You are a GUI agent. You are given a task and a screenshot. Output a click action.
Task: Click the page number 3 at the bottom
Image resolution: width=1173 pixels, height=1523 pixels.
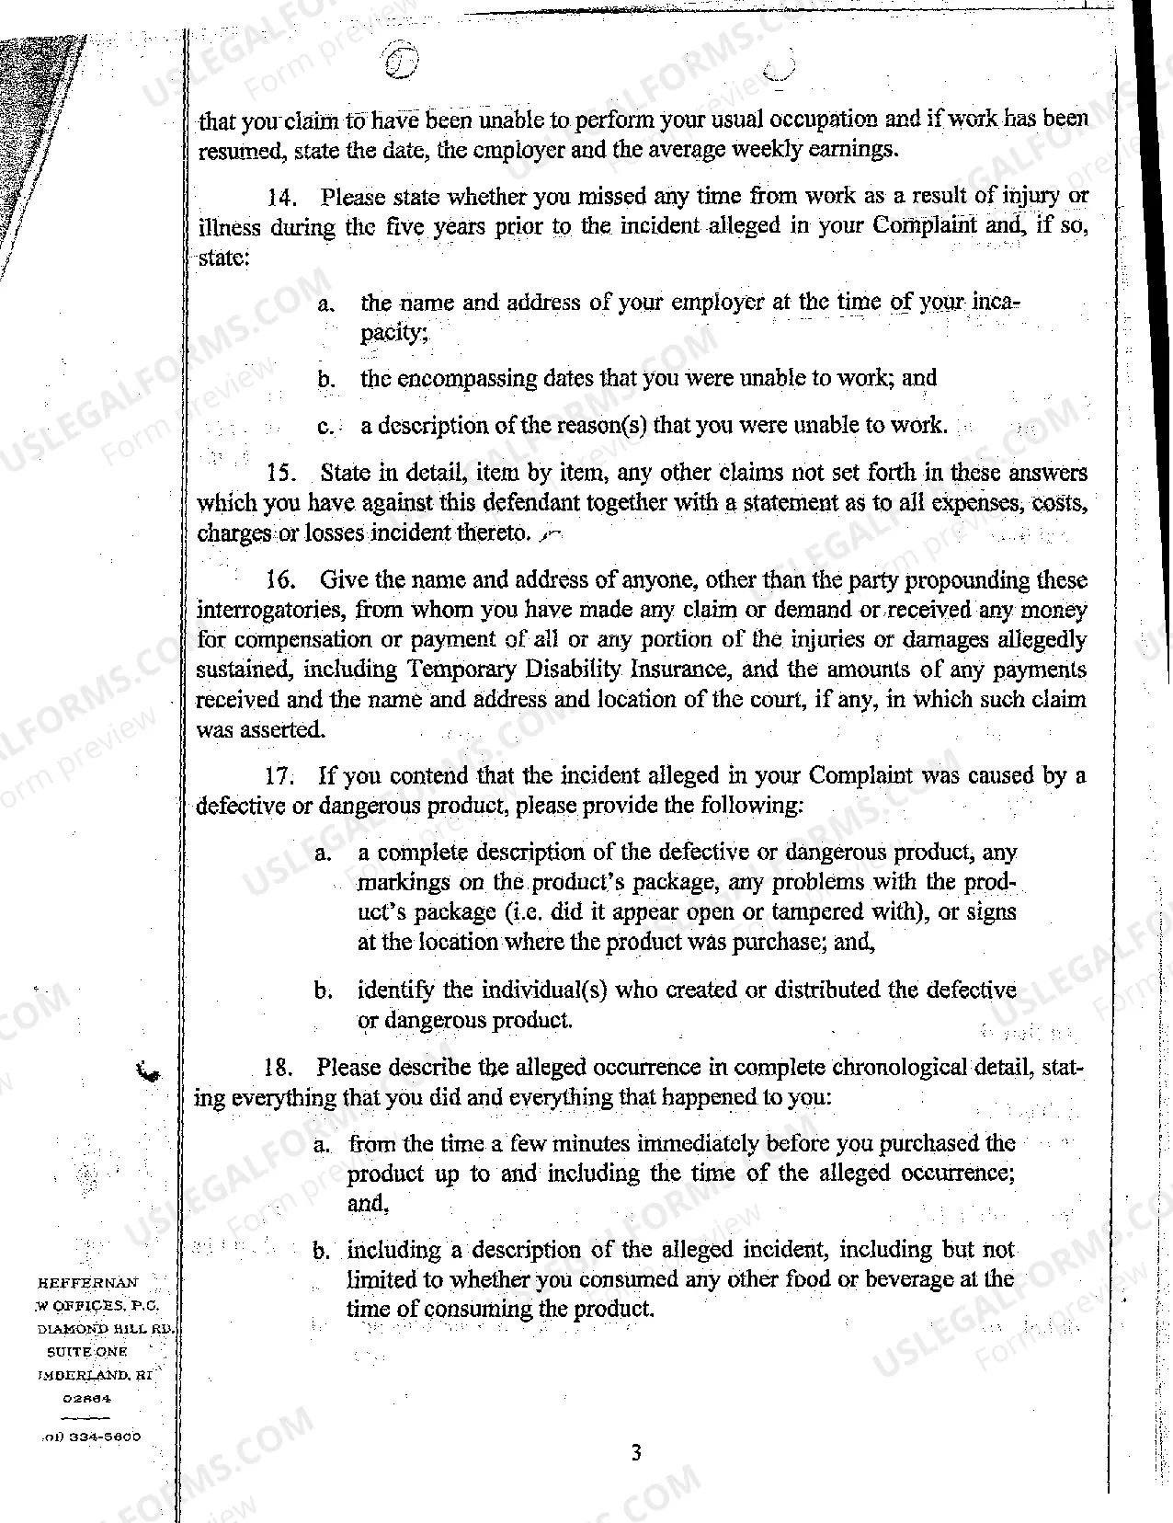636,1453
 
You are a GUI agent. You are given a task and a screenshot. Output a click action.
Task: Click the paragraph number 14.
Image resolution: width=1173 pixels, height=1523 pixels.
279,197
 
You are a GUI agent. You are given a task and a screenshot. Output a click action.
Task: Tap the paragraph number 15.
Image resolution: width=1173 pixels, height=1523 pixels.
279,474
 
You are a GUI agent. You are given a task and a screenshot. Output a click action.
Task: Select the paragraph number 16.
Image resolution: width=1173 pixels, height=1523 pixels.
279,580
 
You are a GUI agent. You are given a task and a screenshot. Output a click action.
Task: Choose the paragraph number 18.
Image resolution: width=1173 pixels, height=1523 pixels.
278,1068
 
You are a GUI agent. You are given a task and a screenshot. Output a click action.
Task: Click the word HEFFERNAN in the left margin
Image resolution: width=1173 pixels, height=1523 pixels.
87,1282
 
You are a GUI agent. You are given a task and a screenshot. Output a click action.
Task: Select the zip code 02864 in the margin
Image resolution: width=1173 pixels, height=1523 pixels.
87,1398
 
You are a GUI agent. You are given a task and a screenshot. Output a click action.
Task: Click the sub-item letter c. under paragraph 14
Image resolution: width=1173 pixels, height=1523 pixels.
324,427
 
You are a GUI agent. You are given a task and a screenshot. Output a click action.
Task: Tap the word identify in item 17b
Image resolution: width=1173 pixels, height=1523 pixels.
395,991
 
